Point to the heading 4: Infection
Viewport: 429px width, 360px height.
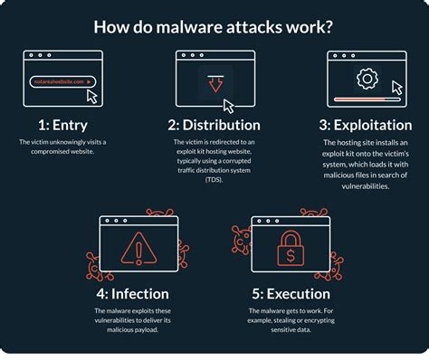132,292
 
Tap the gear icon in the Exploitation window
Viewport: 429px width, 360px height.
367,79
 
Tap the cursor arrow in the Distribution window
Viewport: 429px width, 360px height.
229,105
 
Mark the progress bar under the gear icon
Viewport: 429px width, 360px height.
362,98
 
